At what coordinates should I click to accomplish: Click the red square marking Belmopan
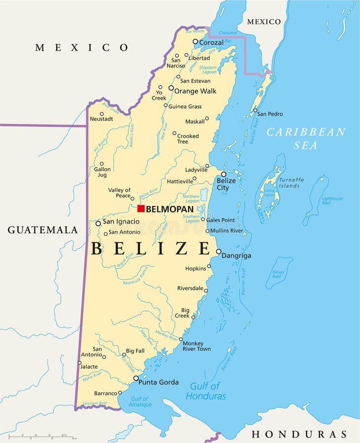point(141,209)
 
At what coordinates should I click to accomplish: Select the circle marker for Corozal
point(195,42)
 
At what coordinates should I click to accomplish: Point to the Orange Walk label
point(196,91)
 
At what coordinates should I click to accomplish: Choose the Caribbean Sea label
point(306,138)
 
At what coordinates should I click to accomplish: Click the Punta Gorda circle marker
point(136,378)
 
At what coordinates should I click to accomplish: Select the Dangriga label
point(236,256)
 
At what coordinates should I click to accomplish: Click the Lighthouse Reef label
point(332,201)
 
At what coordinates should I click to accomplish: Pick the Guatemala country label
point(43,230)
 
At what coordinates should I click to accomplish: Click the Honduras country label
point(299,434)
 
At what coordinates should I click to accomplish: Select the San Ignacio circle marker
point(98,223)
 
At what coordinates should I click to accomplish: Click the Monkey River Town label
point(196,346)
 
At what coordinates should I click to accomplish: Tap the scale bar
point(42,437)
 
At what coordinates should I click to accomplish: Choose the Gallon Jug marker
point(102,164)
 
